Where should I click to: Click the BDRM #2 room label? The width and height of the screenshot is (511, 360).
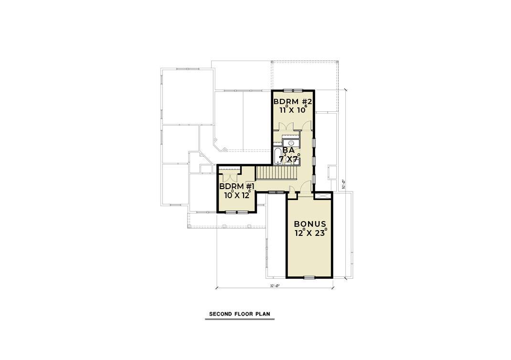pos(293,102)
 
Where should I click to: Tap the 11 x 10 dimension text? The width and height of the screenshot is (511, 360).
pos(293,110)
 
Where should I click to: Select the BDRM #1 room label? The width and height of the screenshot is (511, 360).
pos(237,186)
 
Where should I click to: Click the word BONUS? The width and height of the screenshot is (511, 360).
pos(310,224)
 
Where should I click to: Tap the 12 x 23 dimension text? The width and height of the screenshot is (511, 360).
pos(310,233)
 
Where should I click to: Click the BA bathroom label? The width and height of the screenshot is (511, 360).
pos(288,149)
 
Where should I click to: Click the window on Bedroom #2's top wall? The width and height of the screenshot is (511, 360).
pos(293,90)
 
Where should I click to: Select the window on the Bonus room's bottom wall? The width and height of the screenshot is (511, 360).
pos(309,277)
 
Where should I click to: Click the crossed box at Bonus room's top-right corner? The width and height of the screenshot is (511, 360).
pos(322,196)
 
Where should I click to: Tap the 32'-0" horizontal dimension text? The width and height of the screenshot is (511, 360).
pos(274,286)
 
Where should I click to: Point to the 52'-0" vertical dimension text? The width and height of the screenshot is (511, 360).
pos(344,184)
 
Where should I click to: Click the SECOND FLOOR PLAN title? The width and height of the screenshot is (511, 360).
pos(240,314)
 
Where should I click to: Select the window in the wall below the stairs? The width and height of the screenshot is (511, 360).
pos(274,192)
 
